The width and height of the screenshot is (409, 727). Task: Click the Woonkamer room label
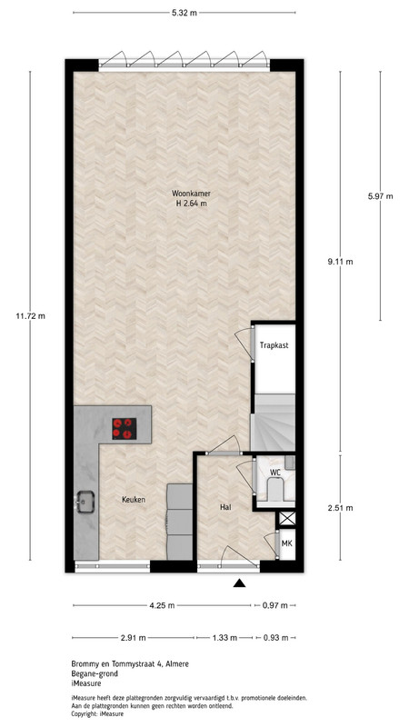click(188, 194)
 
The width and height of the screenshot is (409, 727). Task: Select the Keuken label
click(134, 499)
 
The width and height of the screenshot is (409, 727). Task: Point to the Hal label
click(225, 507)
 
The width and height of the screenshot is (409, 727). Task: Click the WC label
click(276, 473)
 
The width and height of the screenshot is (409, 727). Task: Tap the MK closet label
click(287, 543)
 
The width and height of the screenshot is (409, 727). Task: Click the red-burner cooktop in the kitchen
click(125, 428)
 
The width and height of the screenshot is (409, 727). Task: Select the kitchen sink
click(85, 502)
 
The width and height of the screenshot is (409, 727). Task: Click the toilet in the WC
click(275, 490)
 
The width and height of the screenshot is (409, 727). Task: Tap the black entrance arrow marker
click(239, 583)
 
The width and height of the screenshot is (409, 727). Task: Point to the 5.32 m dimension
click(185, 13)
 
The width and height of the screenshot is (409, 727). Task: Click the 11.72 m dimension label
click(31, 316)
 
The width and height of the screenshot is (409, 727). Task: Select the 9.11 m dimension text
click(340, 262)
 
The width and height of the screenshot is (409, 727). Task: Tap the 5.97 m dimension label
click(380, 196)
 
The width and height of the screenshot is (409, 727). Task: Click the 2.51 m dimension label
click(340, 508)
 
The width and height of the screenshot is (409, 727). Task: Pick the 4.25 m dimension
click(162, 605)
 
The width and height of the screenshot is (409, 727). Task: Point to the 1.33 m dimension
click(224, 638)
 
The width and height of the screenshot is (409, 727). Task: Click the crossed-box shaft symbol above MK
click(287, 519)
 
